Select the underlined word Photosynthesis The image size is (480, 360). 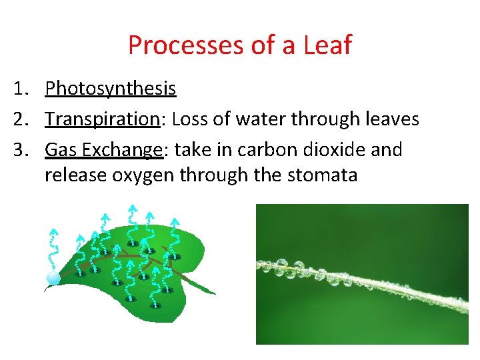point(110,89)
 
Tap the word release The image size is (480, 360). point(73,176)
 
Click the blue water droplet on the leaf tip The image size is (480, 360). point(53,278)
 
